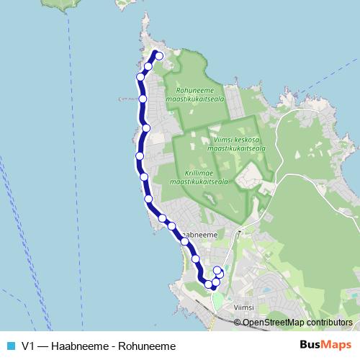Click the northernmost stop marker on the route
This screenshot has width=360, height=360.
click(159, 56)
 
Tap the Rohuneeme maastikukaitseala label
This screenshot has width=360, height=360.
click(196, 94)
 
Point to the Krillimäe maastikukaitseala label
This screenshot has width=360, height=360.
click(199, 177)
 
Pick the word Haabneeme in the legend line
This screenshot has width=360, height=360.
click(80, 346)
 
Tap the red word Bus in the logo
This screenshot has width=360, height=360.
click(312, 345)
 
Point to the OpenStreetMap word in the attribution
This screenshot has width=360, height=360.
click(271, 323)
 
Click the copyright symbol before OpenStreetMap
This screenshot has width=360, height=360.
click(238, 323)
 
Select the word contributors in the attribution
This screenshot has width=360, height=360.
click(327, 323)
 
